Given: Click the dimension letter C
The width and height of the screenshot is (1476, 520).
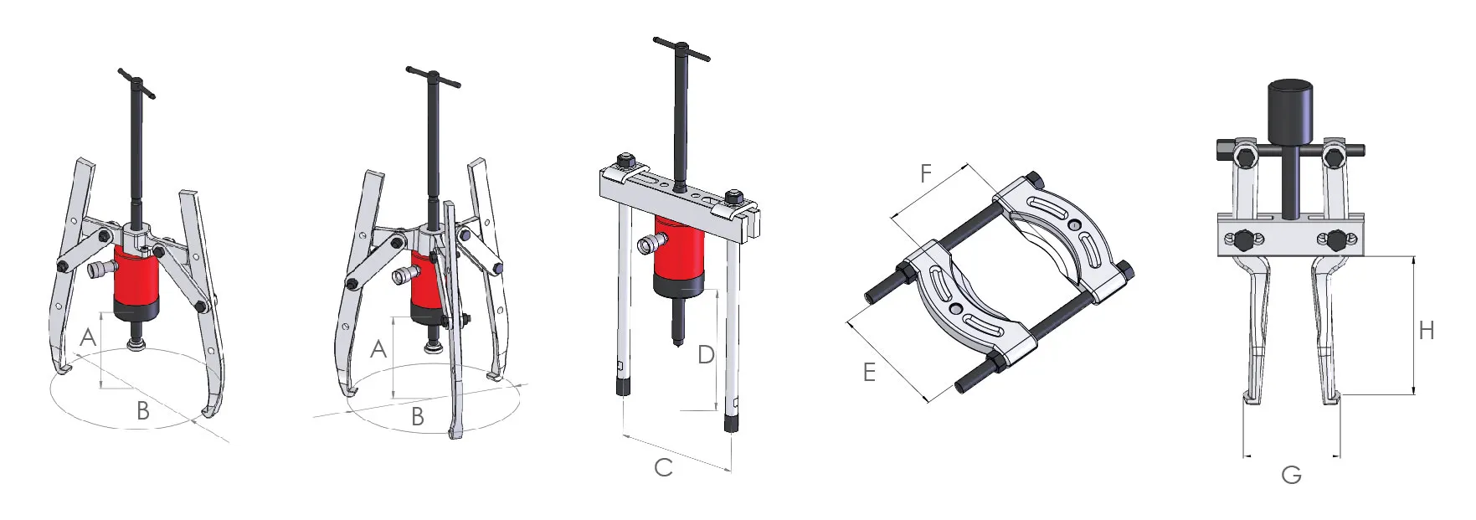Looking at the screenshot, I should pyautogui.click(x=663, y=467).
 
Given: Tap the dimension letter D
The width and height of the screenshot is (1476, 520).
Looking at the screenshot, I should pyautogui.click(x=705, y=355).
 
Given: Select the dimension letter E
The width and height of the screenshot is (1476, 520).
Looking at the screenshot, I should pyautogui.click(x=869, y=372).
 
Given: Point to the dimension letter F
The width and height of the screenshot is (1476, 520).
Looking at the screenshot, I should pyautogui.click(x=925, y=173).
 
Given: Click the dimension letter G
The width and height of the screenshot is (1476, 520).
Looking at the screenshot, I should pyautogui.click(x=1291, y=476).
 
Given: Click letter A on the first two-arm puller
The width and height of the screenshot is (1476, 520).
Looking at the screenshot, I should pyautogui.click(x=87, y=338).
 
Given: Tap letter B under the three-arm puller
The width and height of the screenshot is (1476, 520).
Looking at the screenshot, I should pyautogui.click(x=417, y=416).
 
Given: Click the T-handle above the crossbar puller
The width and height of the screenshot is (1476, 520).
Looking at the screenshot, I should pyautogui.click(x=681, y=49).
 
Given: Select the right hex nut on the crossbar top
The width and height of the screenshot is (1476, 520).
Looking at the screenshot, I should pyautogui.click(x=734, y=198).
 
